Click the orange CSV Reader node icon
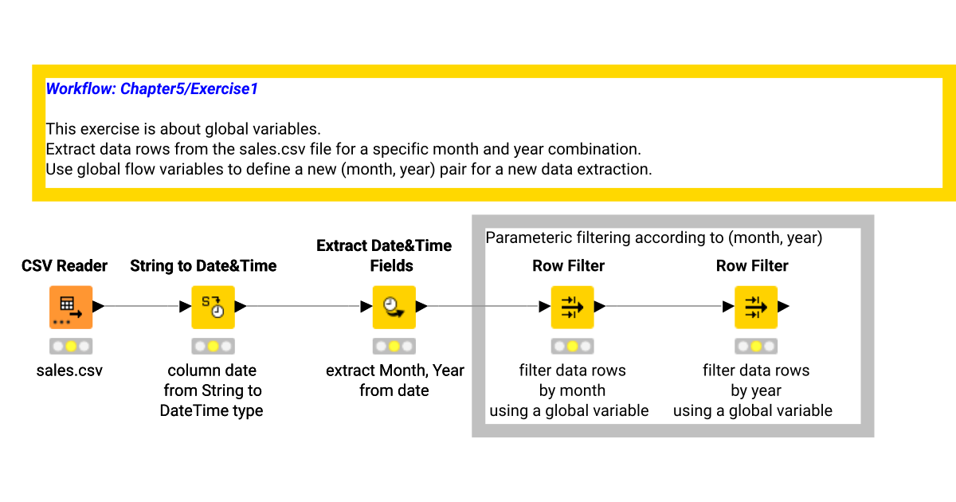pos(71,307)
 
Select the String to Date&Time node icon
pos(213,307)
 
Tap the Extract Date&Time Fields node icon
pos(394,307)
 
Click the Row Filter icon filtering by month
pos(572,307)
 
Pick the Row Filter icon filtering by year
pos(755,307)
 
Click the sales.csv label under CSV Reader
pos(70,371)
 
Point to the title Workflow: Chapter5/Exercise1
pos(152,89)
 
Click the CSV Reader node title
pos(65,266)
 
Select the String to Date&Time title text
pos(203,266)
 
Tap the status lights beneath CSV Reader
pos(71,347)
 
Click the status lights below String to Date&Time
pos(213,347)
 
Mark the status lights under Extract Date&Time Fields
pos(394,347)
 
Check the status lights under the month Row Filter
pos(572,347)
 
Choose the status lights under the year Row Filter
pos(755,347)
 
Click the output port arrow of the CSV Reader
pos(99,307)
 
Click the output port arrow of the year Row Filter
pos(783,307)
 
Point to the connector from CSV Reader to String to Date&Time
pos(143,307)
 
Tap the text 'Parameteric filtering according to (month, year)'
pos(653,237)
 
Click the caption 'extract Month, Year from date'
pos(394,381)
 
